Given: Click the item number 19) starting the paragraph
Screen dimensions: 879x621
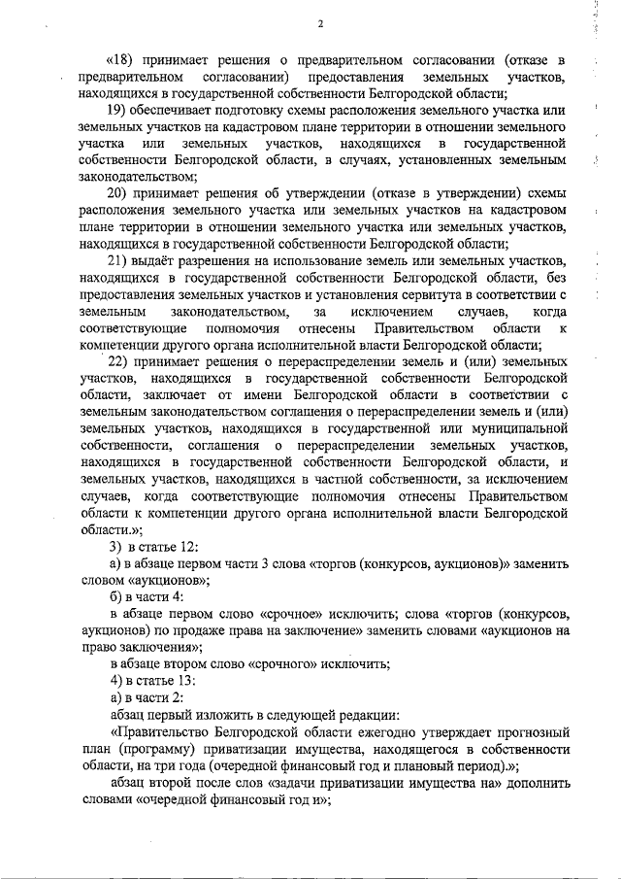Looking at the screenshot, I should click(117, 113).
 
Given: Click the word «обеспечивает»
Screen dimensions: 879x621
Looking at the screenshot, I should click(178, 113).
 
